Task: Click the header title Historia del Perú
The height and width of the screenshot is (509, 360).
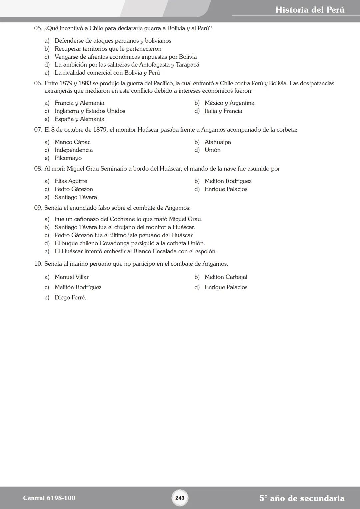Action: coord(310,10)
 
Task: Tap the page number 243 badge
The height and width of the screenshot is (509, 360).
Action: coord(180,498)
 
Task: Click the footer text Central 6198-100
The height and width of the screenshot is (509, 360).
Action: coord(49,498)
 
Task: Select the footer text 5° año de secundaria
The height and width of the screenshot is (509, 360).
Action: coord(302,498)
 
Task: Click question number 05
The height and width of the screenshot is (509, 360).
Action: coord(38,28)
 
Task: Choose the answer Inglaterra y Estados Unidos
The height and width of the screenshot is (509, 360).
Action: coord(90,111)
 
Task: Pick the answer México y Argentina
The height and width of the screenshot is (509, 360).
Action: coord(229,103)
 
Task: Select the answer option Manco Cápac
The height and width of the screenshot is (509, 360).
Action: coord(72,142)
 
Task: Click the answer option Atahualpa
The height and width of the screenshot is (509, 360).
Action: coord(218,142)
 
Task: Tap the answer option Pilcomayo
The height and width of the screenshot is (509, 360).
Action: coord(68,158)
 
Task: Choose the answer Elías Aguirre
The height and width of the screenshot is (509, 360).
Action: coord(71,181)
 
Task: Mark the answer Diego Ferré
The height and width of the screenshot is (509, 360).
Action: coord(70,298)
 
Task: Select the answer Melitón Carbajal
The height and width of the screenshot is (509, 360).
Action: coord(226,277)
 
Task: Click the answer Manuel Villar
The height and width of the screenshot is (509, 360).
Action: coord(71,277)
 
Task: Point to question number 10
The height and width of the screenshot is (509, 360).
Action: coord(38,264)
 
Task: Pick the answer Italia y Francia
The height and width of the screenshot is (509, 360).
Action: coord(223,111)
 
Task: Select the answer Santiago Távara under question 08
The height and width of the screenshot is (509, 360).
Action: coord(76,197)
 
